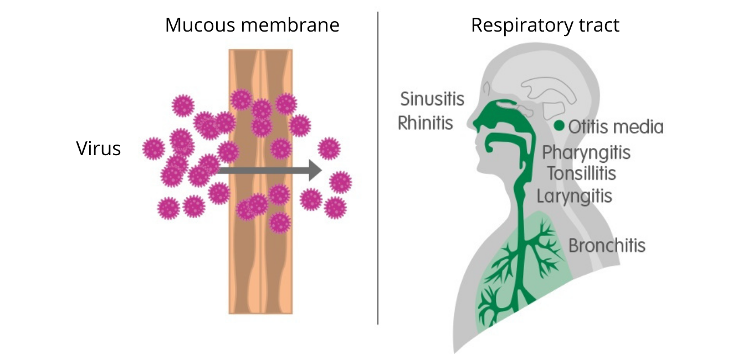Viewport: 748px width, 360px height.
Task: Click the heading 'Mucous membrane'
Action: tap(252, 25)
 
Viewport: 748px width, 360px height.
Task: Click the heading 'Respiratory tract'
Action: tap(545, 25)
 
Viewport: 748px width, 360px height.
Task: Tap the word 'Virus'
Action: tap(98, 148)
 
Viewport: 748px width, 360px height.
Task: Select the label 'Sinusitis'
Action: tap(432, 99)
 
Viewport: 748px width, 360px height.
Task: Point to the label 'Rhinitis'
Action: tap(425, 123)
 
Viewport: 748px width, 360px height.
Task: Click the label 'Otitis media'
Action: tap(616, 127)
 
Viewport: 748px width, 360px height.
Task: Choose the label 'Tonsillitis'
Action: tap(581, 173)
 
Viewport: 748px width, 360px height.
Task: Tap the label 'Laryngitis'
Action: tap(574, 196)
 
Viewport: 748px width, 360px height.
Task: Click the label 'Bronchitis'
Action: tap(607, 245)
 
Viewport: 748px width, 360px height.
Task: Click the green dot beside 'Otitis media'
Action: tap(559, 126)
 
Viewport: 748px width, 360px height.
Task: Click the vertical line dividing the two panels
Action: tap(378, 168)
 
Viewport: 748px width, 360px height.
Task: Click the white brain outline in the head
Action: tap(547, 90)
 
